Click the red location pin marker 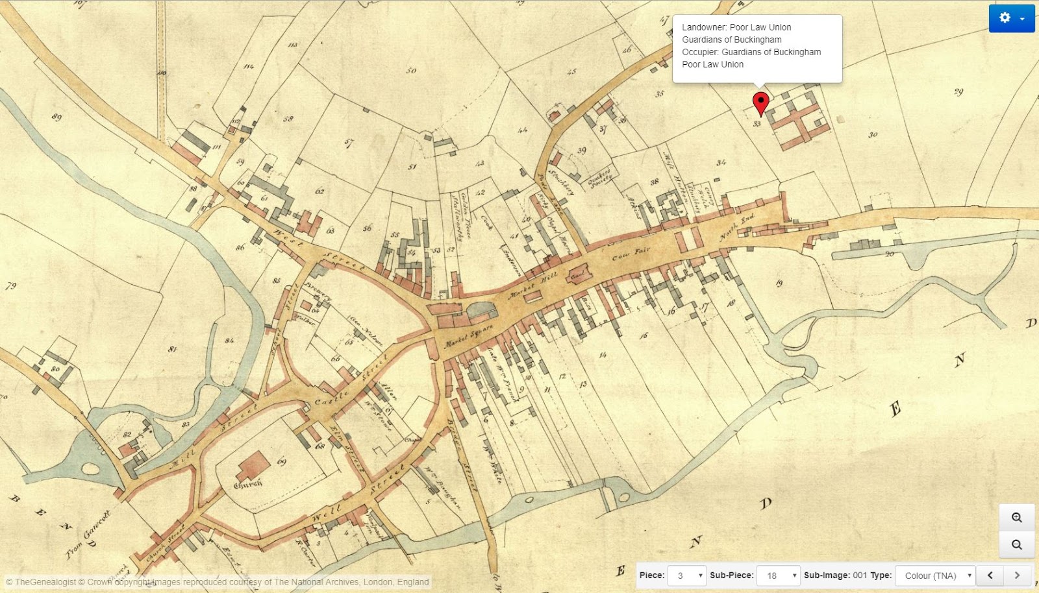[x=760, y=103]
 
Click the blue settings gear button [x=1011, y=18]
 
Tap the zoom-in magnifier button [x=1017, y=517]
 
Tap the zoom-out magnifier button [x=1017, y=545]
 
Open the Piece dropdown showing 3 [x=687, y=575]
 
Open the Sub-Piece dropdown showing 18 [x=778, y=575]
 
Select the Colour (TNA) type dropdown [x=935, y=575]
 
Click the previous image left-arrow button [x=990, y=575]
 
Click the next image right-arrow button [x=1017, y=575]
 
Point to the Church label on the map [x=248, y=483]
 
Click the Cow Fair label [x=631, y=254]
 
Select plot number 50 [x=411, y=70]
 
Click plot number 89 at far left [x=56, y=117]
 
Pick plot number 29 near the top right [x=958, y=91]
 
